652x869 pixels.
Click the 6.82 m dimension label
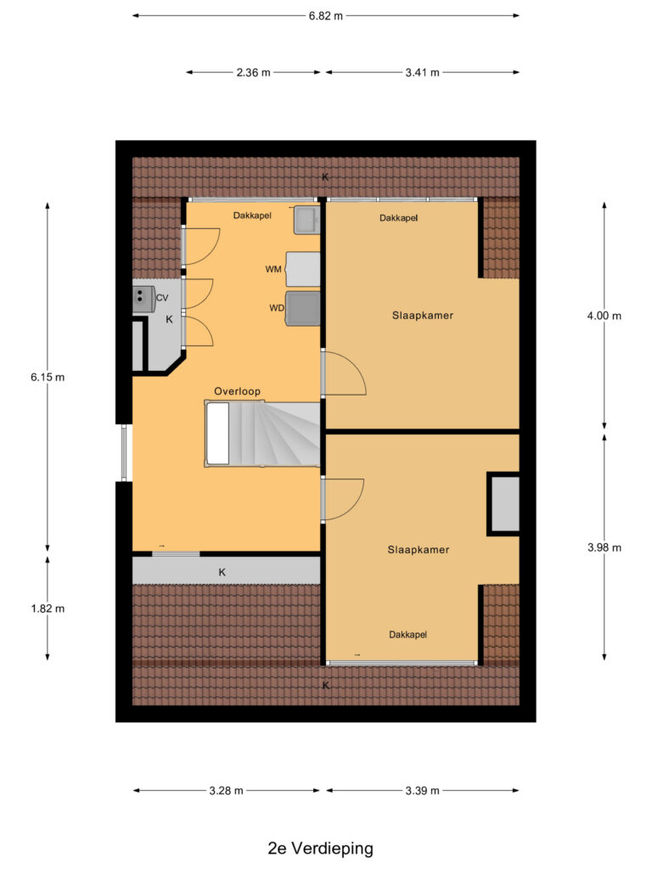pyautogui.click(x=326, y=15)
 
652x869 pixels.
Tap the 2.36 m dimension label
pyautogui.click(x=254, y=72)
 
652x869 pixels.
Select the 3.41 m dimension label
pyautogui.click(x=422, y=72)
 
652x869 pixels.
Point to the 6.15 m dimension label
pyautogui.click(x=47, y=378)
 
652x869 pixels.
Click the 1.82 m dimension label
pyautogui.click(x=47, y=608)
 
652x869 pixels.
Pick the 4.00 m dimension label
pyautogui.click(x=604, y=316)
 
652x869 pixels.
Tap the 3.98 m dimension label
pyautogui.click(x=604, y=547)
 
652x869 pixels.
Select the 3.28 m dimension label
pyautogui.click(x=226, y=791)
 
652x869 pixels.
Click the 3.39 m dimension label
pyautogui.click(x=422, y=791)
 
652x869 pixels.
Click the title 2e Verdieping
pyautogui.click(x=320, y=848)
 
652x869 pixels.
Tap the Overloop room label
pyautogui.click(x=237, y=391)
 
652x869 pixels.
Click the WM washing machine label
pyautogui.click(x=273, y=269)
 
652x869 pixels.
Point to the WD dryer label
pyautogui.click(x=276, y=308)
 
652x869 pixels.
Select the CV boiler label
pyautogui.click(x=162, y=298)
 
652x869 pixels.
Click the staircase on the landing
pyautogui.click(x=263, y=434)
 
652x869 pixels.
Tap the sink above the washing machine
pyautogui.click(x=306, y=222)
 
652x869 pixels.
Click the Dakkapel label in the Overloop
pyautogui.click(x=252, y=216)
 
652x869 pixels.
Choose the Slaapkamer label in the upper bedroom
pyautogui.click(x=422, y=316)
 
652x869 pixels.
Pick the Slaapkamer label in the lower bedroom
pyautogui.click(x=418, y=549)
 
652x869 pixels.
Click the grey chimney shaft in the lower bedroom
pyautogui.click(x=503, y=503)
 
